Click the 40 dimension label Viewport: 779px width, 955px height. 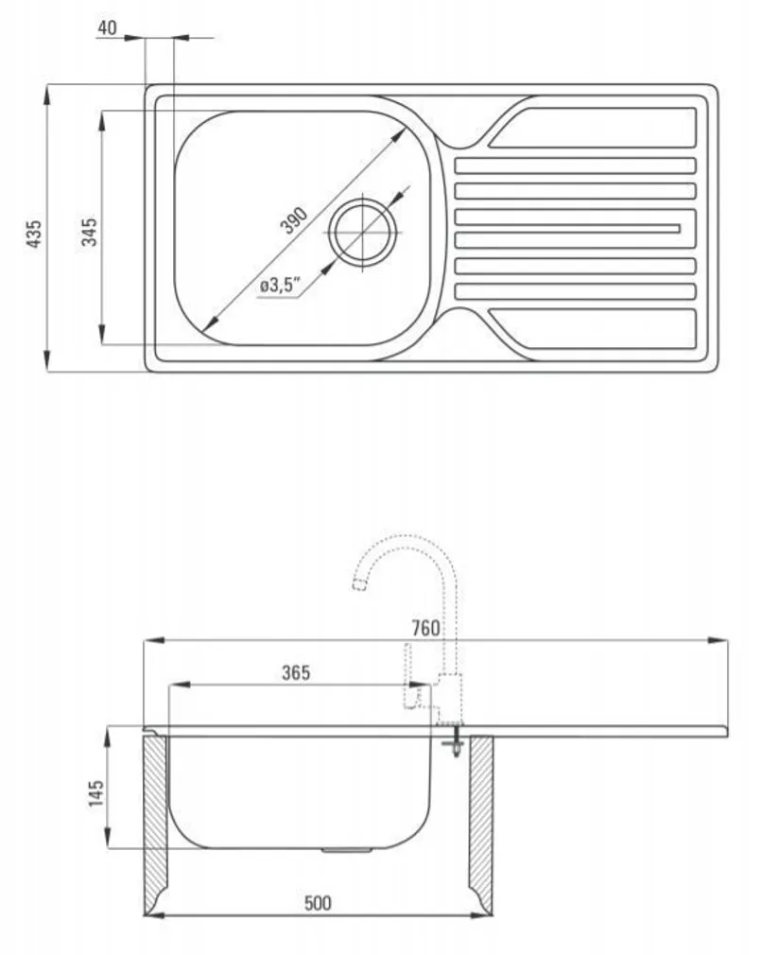107,27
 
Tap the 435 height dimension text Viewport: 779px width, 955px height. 35,234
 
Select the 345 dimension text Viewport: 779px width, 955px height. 89,232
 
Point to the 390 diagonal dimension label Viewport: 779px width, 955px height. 294,220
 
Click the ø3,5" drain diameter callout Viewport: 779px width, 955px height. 281,285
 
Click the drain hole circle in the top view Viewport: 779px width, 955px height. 363,232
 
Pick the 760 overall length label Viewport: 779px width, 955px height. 425,628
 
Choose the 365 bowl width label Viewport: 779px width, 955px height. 296,672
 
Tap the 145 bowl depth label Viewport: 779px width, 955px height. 96,793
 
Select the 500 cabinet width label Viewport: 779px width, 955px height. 318,903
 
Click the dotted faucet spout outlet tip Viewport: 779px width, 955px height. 360,585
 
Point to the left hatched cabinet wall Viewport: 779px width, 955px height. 155,825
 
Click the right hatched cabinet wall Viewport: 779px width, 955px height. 481,825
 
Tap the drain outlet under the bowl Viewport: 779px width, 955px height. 347,850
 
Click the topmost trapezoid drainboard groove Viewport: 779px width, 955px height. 592,128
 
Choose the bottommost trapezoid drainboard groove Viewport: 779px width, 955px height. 592,329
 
